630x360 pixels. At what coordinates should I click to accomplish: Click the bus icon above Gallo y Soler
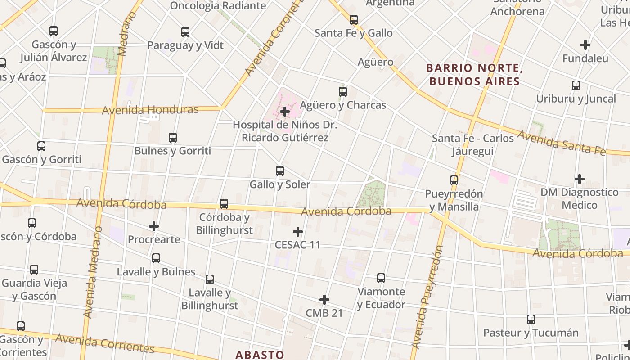280,171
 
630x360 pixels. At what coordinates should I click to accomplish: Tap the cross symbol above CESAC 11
297,232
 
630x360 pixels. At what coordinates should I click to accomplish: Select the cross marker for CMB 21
324,300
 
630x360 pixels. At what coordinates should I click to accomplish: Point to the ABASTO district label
260,355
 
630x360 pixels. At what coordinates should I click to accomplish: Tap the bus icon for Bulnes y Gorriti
173,138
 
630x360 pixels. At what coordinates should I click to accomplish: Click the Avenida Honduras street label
150,110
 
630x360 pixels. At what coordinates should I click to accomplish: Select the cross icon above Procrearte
154,226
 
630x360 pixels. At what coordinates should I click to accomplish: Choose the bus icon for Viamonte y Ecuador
381,278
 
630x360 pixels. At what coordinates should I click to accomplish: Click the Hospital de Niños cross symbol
285,112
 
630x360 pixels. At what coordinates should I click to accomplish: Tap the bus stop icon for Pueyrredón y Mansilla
454,180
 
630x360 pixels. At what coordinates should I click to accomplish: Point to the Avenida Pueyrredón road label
428,297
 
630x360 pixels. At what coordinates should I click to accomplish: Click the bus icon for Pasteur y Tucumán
531,319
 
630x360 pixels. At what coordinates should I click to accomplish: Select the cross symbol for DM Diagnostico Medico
580,179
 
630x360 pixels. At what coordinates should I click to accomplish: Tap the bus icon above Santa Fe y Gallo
354,20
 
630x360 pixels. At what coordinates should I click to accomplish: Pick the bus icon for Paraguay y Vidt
185,32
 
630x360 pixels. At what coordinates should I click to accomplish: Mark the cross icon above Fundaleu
585,45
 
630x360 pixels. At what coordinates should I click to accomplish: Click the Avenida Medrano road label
92,272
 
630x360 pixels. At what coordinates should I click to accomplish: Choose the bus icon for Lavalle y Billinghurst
210,279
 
